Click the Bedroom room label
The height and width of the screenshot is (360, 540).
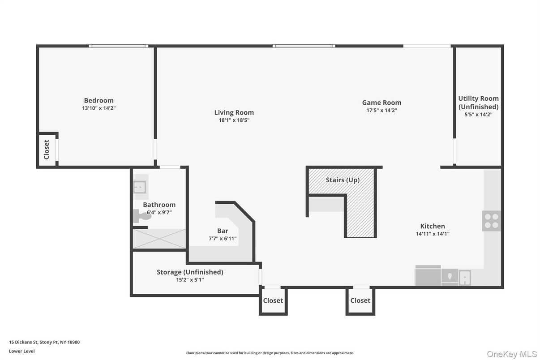pos(99,100)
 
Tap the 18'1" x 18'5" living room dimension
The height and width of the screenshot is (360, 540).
pos(234,120)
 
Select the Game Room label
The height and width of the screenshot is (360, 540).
pos(381,103)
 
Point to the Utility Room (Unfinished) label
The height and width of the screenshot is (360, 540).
pos(478,103)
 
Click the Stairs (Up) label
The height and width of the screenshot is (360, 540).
pos(343,180)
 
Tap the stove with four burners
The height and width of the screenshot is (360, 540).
pos(491,221)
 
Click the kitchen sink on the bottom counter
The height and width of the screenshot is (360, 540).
pos(465,278)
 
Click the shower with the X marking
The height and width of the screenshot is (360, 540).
pos(159,239)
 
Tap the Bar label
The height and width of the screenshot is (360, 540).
pos(223,231)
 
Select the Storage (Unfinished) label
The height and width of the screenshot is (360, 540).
pos(190,272)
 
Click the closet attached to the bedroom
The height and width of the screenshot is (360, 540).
pos(47,150)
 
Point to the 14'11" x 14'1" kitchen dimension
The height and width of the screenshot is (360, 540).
pos(432,234)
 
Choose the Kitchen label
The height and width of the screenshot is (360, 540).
pos(432,226)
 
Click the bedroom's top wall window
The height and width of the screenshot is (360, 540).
pos(118,46)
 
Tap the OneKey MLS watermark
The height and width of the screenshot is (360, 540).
pos(512,354)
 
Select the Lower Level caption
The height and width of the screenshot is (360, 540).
pos(21,351)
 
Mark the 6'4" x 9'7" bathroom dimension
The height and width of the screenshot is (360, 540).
pos(159,212)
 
